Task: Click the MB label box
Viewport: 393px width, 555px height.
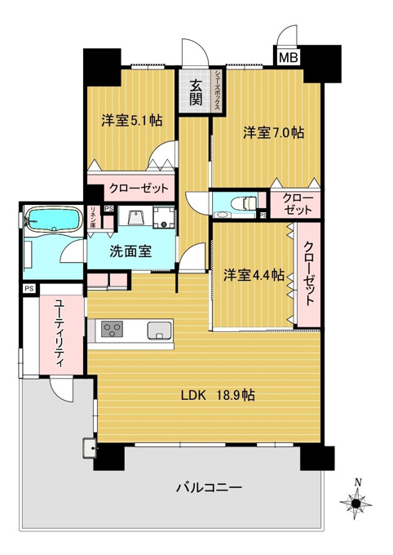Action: pos(289,57)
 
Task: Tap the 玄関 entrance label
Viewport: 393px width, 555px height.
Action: pos(195,93)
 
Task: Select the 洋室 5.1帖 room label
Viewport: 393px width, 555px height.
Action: pos(132,121)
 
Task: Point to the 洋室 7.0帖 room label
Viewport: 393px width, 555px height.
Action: pos(273,133)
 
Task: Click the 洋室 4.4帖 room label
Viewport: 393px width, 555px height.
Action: pos(254,275)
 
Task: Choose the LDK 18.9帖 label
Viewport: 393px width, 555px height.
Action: pos(218,395)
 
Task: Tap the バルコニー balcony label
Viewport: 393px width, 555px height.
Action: pos(209,488)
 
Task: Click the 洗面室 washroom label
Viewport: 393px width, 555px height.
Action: pos(130,251)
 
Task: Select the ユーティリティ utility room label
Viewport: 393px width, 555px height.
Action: pos(60,333)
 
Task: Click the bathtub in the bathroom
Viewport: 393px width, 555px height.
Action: pos(53,219)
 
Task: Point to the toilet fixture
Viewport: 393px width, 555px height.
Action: pos(243,203)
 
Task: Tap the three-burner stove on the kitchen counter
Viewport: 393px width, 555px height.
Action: pos(113,329)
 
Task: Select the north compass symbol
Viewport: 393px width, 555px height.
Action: pos(355,502)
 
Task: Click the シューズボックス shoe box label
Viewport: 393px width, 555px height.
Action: pos(218,90)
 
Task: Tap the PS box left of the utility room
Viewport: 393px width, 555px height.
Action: pos(29,289)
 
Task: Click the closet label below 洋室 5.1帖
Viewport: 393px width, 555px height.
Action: pos(139,188)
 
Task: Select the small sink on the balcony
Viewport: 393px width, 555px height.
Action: pos(90,448)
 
